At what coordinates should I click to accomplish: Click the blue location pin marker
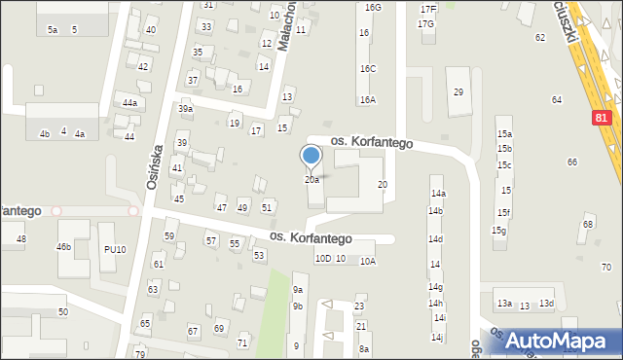(311, 157)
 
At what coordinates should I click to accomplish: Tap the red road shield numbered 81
(603, 117)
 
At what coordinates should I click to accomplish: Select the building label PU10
(115, 250)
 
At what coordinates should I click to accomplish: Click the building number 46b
(63, 247)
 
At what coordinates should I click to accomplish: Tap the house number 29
(458, 91)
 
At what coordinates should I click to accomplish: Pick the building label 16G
(373, 7)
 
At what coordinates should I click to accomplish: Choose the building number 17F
(428, 9)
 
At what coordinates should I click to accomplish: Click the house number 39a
(185, 109)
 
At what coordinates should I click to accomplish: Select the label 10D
(323, 259)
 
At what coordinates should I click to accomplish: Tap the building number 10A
(368, 262)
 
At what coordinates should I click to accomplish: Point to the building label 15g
(498, 231)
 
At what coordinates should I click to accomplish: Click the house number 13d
(547, 304)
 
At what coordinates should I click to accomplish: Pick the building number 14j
(437, 338)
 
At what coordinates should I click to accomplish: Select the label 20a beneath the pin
(311, 180)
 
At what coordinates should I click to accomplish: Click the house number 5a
(53, 30)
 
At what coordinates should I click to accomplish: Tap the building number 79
(140, 354)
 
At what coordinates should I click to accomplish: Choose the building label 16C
(367, 69)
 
